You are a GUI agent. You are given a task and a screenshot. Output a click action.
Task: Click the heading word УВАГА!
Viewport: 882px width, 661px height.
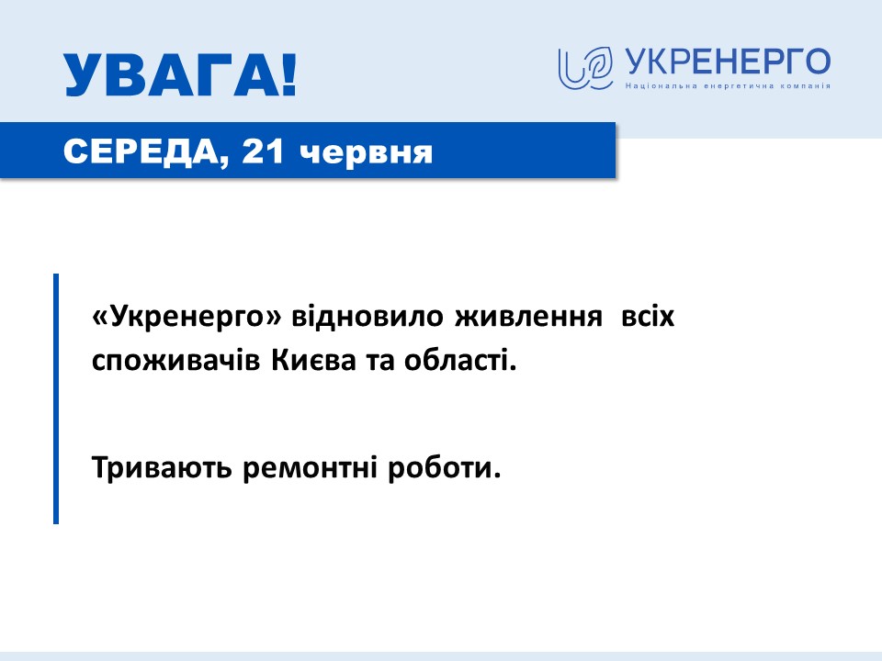[x=180, y=75]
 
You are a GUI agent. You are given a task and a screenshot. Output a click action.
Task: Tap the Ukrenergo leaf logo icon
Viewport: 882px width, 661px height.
[x=585, y=68]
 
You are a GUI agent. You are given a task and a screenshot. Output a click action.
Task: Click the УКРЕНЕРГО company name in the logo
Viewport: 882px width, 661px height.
[x=728, y=62]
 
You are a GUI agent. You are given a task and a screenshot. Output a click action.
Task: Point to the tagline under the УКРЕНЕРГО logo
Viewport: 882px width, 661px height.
[x=728, y=86]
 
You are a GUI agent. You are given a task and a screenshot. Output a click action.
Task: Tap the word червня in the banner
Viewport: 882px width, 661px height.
[x=366, y=152]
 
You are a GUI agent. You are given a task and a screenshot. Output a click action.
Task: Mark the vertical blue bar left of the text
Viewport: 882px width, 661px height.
[x=56, y=398]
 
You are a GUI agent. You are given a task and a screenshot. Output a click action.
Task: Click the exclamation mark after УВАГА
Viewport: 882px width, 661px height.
[x=288, y=75]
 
